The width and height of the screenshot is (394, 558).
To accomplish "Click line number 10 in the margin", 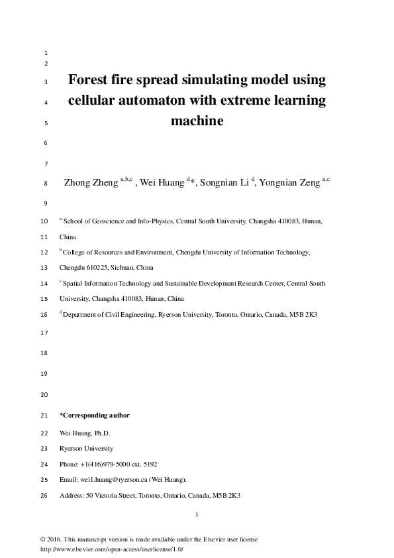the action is coord(44,222).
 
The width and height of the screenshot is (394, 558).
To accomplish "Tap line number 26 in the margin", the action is coord(44,495).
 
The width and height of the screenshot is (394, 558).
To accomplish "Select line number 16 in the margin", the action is coord(44,314).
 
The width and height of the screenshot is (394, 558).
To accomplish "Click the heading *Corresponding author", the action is coord(94,416).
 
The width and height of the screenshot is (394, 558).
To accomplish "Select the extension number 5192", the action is coord(148,464).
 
